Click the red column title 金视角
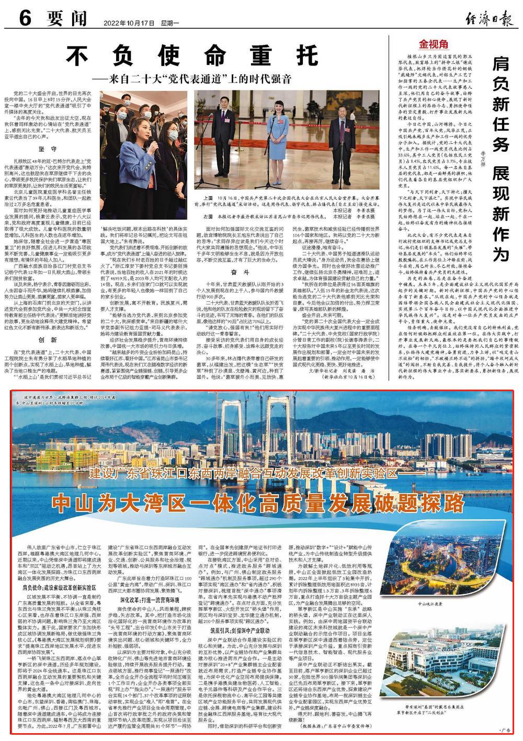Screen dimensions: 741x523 (434, 44)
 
